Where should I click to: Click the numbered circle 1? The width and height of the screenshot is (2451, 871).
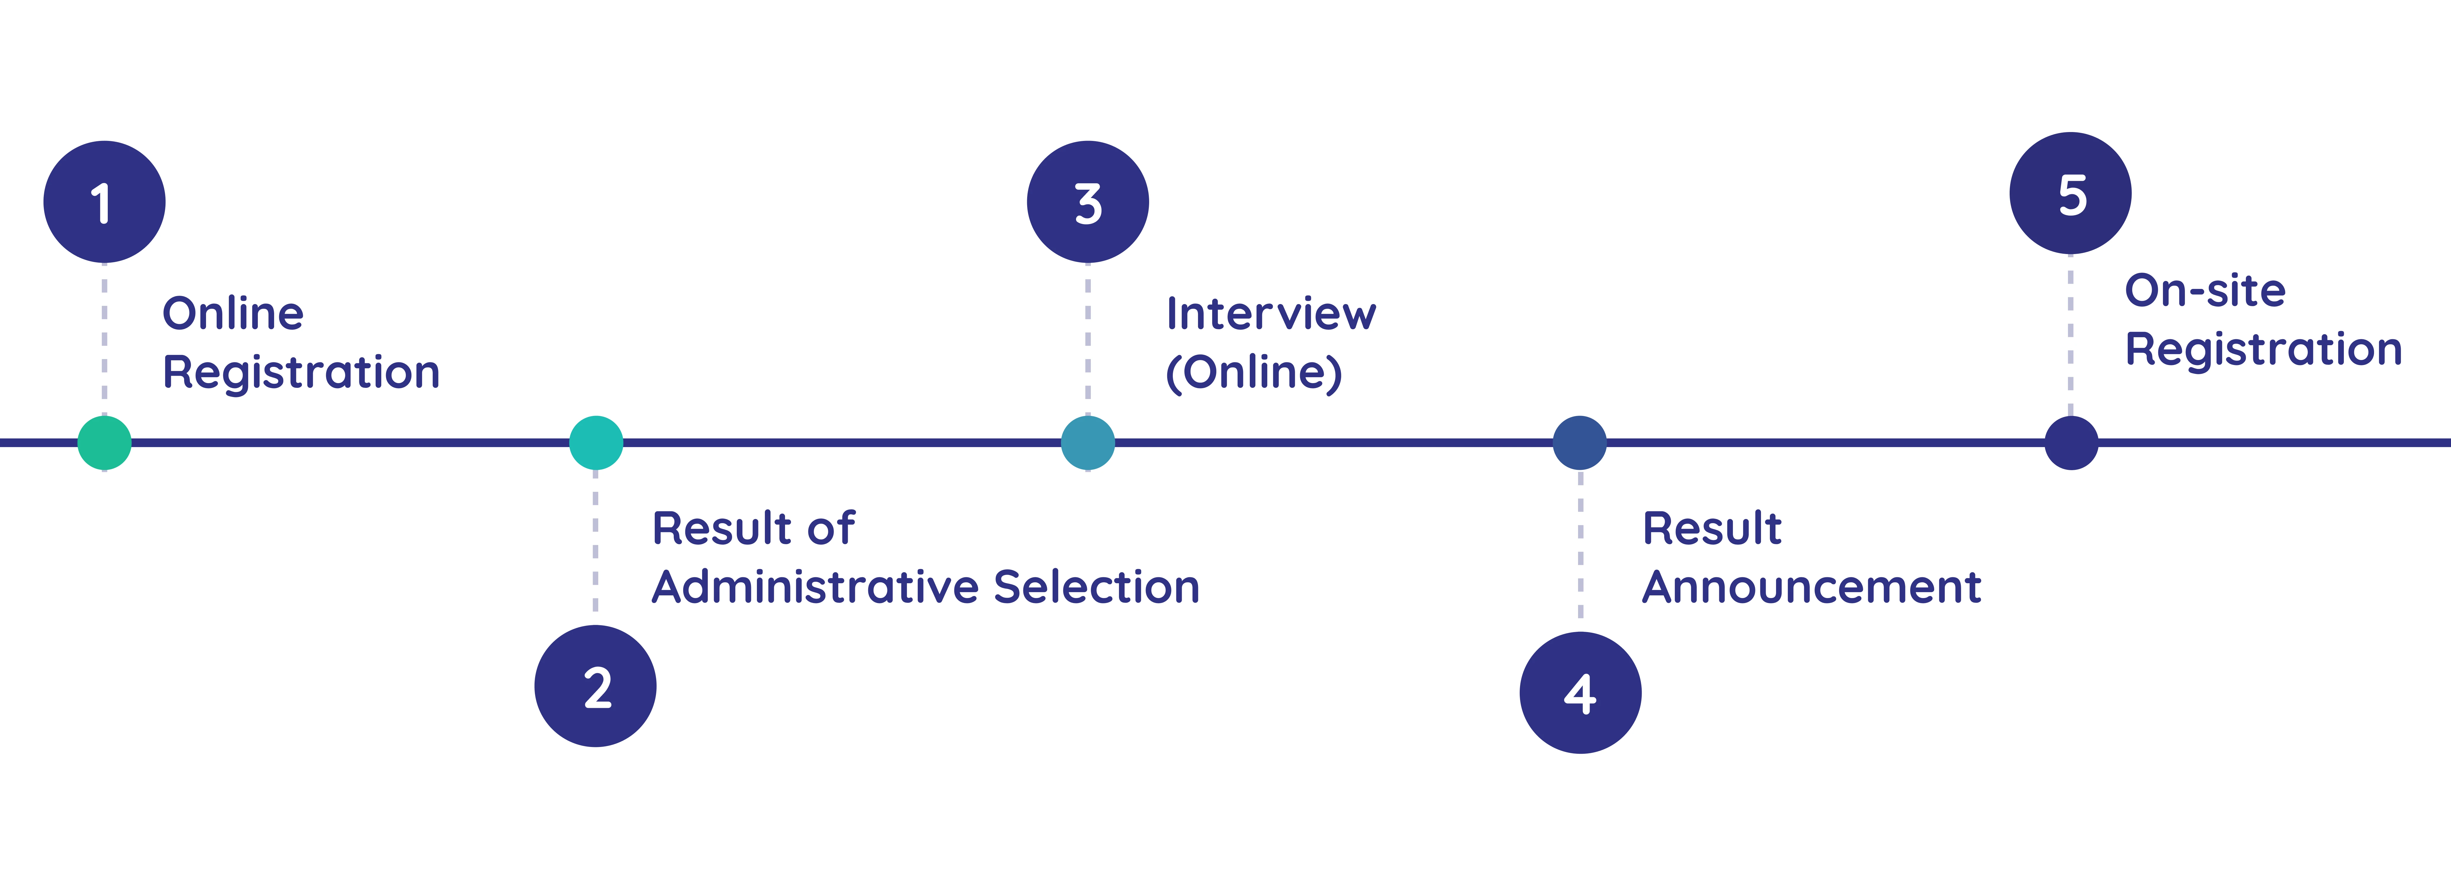(x=105, y=202)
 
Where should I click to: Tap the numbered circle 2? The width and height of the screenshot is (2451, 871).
(x=596, y=685)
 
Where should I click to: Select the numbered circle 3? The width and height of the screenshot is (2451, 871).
(x=1088, y=202)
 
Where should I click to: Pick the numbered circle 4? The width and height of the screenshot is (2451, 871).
(x=1580, y=692)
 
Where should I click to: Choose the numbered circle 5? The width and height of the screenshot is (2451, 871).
(x=2070, y=193)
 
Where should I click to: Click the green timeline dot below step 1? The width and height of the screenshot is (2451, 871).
(x=105, y=443)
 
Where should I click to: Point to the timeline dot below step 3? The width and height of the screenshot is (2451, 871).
(x=1088, y=443)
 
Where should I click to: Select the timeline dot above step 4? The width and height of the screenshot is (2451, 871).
(x=1580, y=443)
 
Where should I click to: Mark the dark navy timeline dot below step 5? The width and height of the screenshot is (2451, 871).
(x=2072, y=443)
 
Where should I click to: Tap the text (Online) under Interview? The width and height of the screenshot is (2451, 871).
(x=1254, y=372)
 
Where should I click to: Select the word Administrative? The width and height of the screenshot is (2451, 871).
(x=816, y=586)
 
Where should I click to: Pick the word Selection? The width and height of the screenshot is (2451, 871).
(x=1096, y=586)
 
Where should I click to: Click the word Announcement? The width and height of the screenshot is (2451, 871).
(x=1812, y=586)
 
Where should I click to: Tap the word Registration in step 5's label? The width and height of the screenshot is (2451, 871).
(x=2264, y=349)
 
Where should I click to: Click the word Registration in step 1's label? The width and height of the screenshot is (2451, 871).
(x=302, y=372)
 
